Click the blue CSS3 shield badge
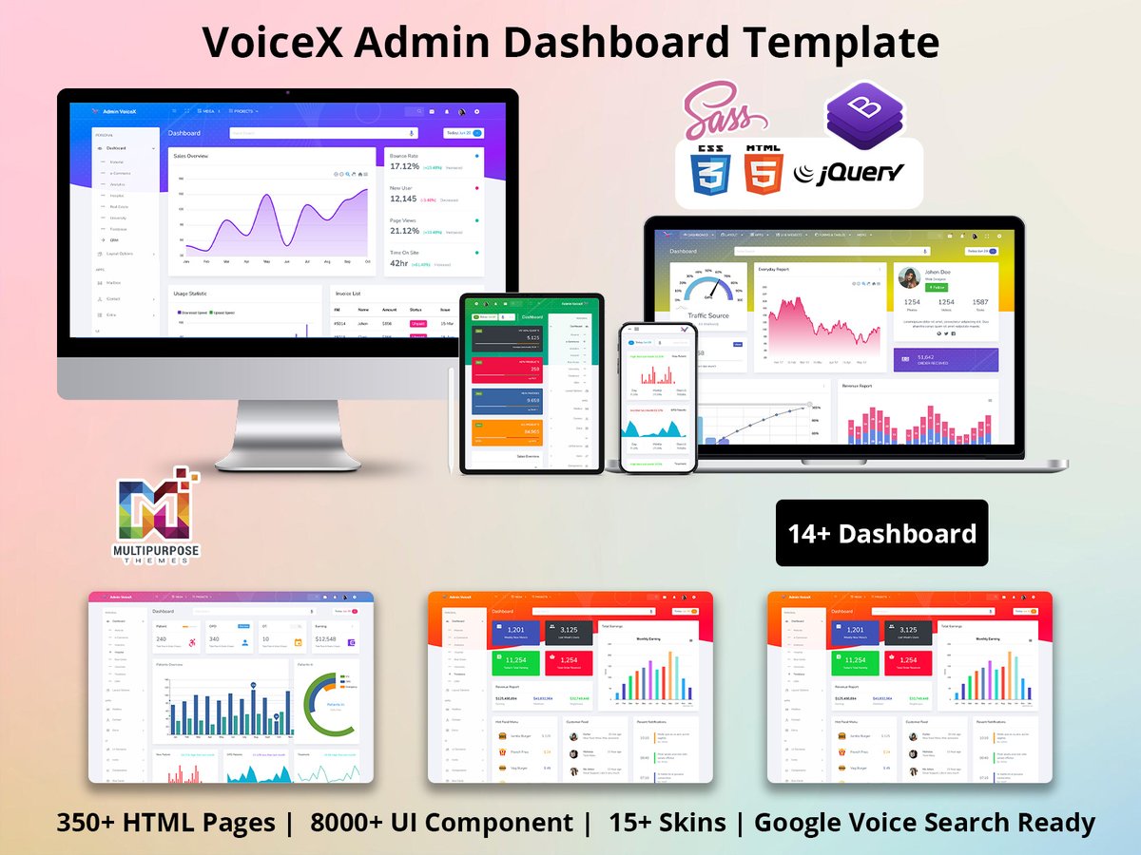tap(711, 171)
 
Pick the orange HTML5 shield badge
tap(764, 171)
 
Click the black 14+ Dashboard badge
tap(881, 533)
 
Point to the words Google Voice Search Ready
tap(924, 822)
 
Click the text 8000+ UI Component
tap(441, 822)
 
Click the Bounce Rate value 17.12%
tap(404, 166)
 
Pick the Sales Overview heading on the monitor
tap(191, 156)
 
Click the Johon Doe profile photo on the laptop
tap(910, 277)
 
